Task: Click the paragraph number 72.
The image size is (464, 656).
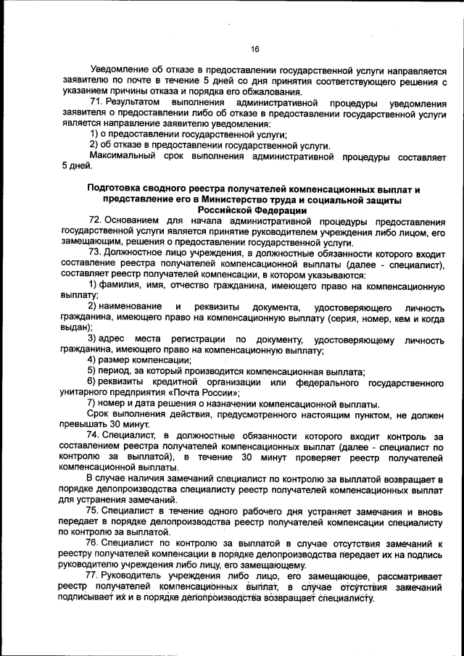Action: click(95, 220)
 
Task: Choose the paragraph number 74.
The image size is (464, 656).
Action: click(95, 435)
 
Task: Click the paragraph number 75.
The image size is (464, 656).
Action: click(95, 510)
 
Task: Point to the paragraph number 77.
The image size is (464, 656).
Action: click(95, 575)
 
